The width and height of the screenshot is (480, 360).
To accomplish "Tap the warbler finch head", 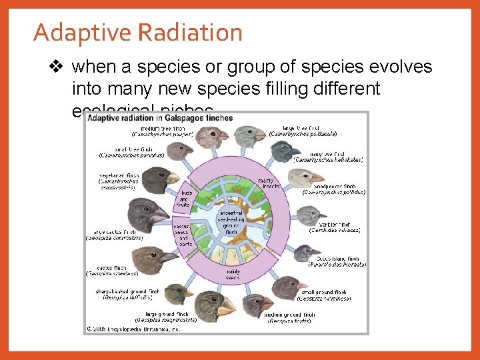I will point(311,215).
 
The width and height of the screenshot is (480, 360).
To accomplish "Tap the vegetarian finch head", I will point(159,179).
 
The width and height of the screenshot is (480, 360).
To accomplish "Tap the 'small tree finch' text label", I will point(131,152).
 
